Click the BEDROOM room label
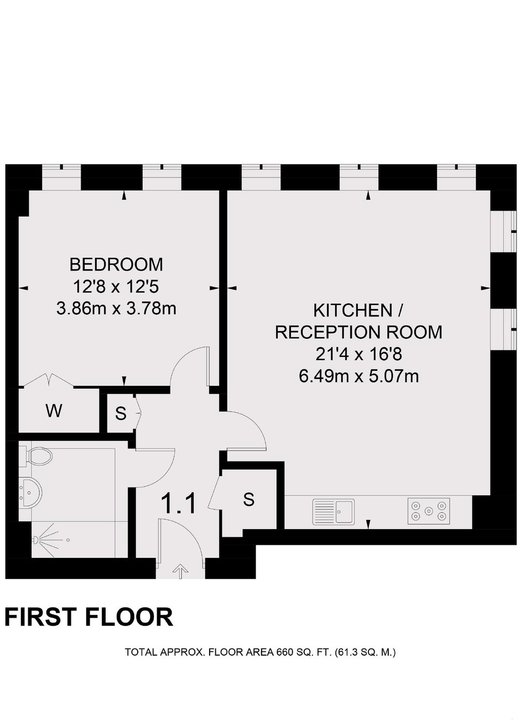[116, 264]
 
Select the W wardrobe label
[54, 411]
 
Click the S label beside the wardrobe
[121, 413]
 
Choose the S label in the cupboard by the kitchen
[248, 500]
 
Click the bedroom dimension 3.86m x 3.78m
[116, 308]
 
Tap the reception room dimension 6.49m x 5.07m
[359, 375]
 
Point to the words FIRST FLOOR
[89, 617]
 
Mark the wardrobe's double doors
[49, 379]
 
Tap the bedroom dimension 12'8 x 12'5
[116, 286]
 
